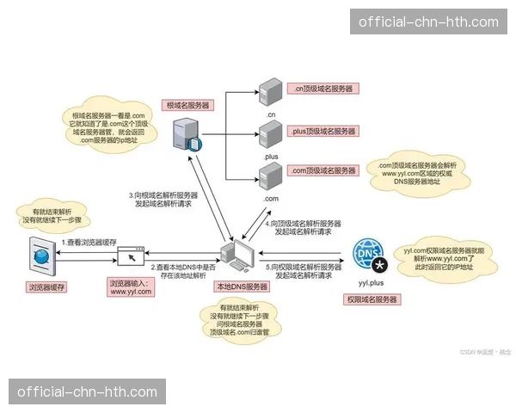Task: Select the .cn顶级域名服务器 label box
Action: (322, 89)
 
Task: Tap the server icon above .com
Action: (269, 177)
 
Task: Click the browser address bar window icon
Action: (131, 256)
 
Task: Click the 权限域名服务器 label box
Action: (372, 299)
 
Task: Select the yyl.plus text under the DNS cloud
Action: (371, 281)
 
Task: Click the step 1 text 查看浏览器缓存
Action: (89, 243)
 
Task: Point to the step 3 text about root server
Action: (164, 200)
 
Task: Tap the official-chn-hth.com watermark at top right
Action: (427, 22)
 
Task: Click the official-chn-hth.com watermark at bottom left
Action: (88, 392)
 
